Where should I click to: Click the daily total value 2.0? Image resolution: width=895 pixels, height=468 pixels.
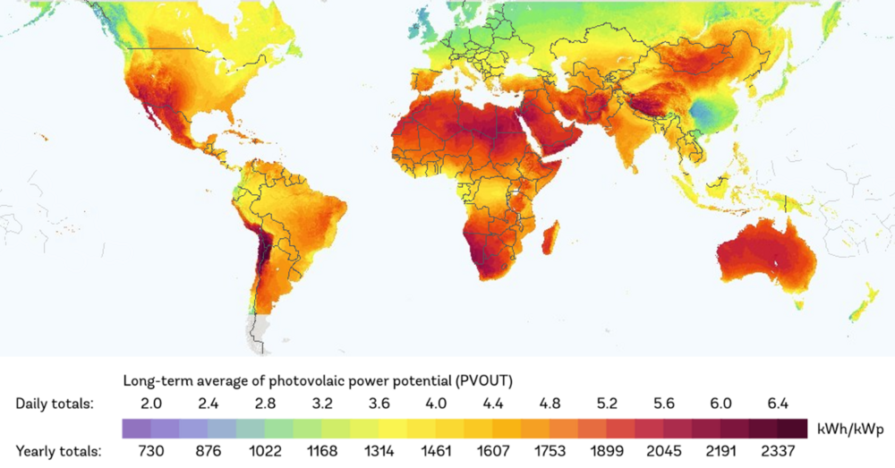coord(152,403)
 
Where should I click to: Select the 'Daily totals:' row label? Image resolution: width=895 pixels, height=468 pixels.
coord(54,403)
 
